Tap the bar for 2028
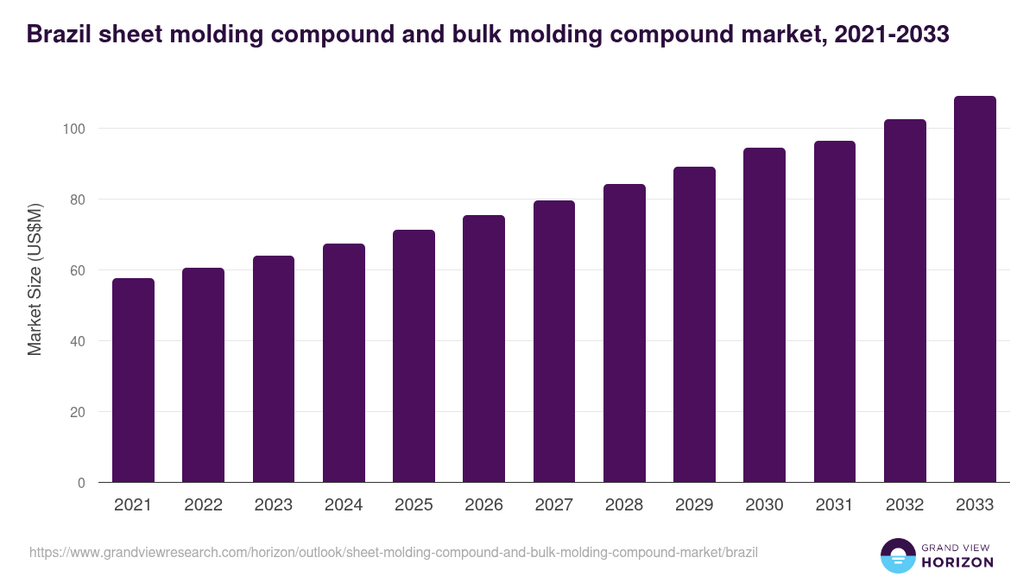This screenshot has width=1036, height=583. click(x=624, y=333)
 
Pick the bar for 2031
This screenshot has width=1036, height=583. click(x=835, y=312)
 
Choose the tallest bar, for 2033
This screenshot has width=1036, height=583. click(x=975, y=289)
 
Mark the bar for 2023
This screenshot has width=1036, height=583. click(x=274, y=369)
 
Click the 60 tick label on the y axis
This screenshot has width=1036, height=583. click(x=78, y=270)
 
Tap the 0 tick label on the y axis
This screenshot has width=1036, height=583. click(x=81, y=483)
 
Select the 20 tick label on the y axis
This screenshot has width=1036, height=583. click(x=78, y=412)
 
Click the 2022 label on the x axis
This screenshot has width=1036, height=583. click(x=203, y=505)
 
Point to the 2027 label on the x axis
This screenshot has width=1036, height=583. click(x=553, y=505)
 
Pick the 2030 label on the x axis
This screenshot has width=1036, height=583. click(x=764, y=505)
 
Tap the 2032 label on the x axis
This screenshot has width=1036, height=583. click(x=905, y=505)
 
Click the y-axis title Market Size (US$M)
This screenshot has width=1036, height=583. click(x=35, y=280)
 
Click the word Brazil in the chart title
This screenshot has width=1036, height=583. click(x=58, y=34)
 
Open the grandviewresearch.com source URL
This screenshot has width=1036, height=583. click(x=393, y=552)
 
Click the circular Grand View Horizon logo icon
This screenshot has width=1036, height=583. click(x=898, y=556)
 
